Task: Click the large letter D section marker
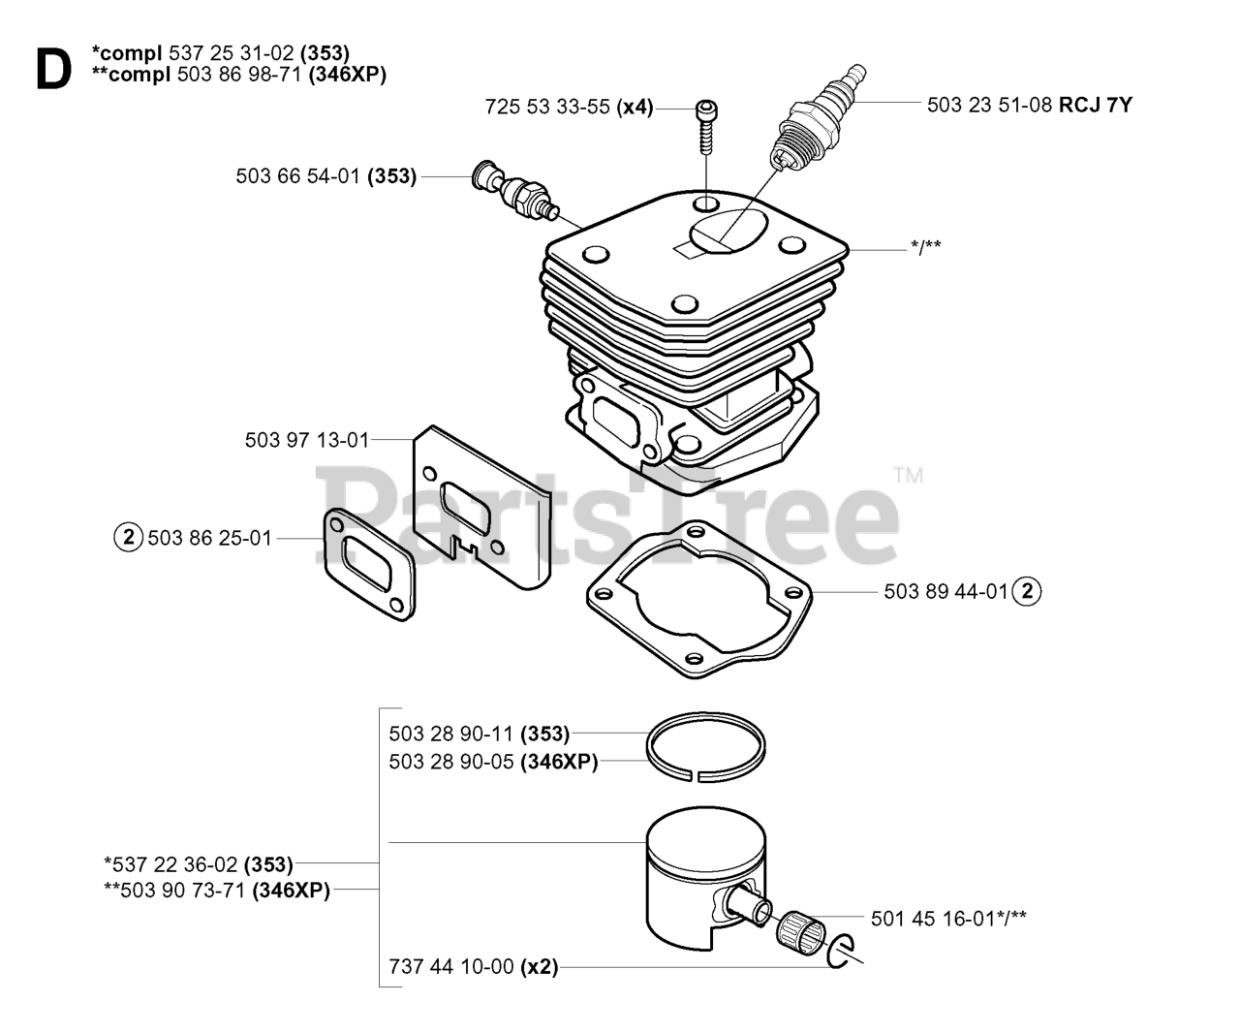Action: point(52,69)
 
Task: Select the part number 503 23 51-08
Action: point(989,105)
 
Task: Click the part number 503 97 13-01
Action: point(307,440)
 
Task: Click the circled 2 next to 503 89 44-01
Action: point(1027,590)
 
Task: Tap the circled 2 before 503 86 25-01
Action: point(129,536)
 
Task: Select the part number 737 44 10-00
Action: point(450,966)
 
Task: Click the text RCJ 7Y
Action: point(1095,105)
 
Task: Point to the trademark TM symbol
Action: point(908,475)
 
